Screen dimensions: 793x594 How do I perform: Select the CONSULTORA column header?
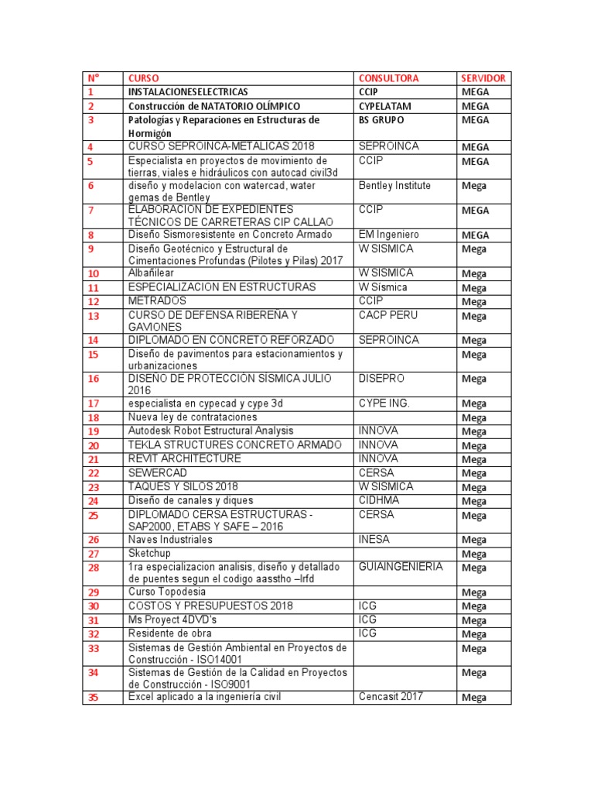click(x=388, y=78)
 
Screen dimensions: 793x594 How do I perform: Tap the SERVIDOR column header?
click(x=483, y=78)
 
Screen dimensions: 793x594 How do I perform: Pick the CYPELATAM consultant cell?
click(x=385, y=105)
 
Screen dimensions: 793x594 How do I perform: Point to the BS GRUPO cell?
click(x=381, y=120)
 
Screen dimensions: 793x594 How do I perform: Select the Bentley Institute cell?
click(x=394, y=186)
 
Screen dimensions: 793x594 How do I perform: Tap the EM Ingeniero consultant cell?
click(x=388, y=234)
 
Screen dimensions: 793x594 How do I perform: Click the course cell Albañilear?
click(x=152, y=273)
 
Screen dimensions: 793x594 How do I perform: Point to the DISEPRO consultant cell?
click(x=381, y=379)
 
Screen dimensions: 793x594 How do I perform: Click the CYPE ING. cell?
click(x=384, y=403)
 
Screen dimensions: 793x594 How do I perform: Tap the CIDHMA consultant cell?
click(x=378, y=500)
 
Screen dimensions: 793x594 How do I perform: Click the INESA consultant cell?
click(x=374, y=539)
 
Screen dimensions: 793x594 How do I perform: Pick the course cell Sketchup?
click(x=151, y=554)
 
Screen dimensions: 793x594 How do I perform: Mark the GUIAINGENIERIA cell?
click(x=401, y=567)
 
